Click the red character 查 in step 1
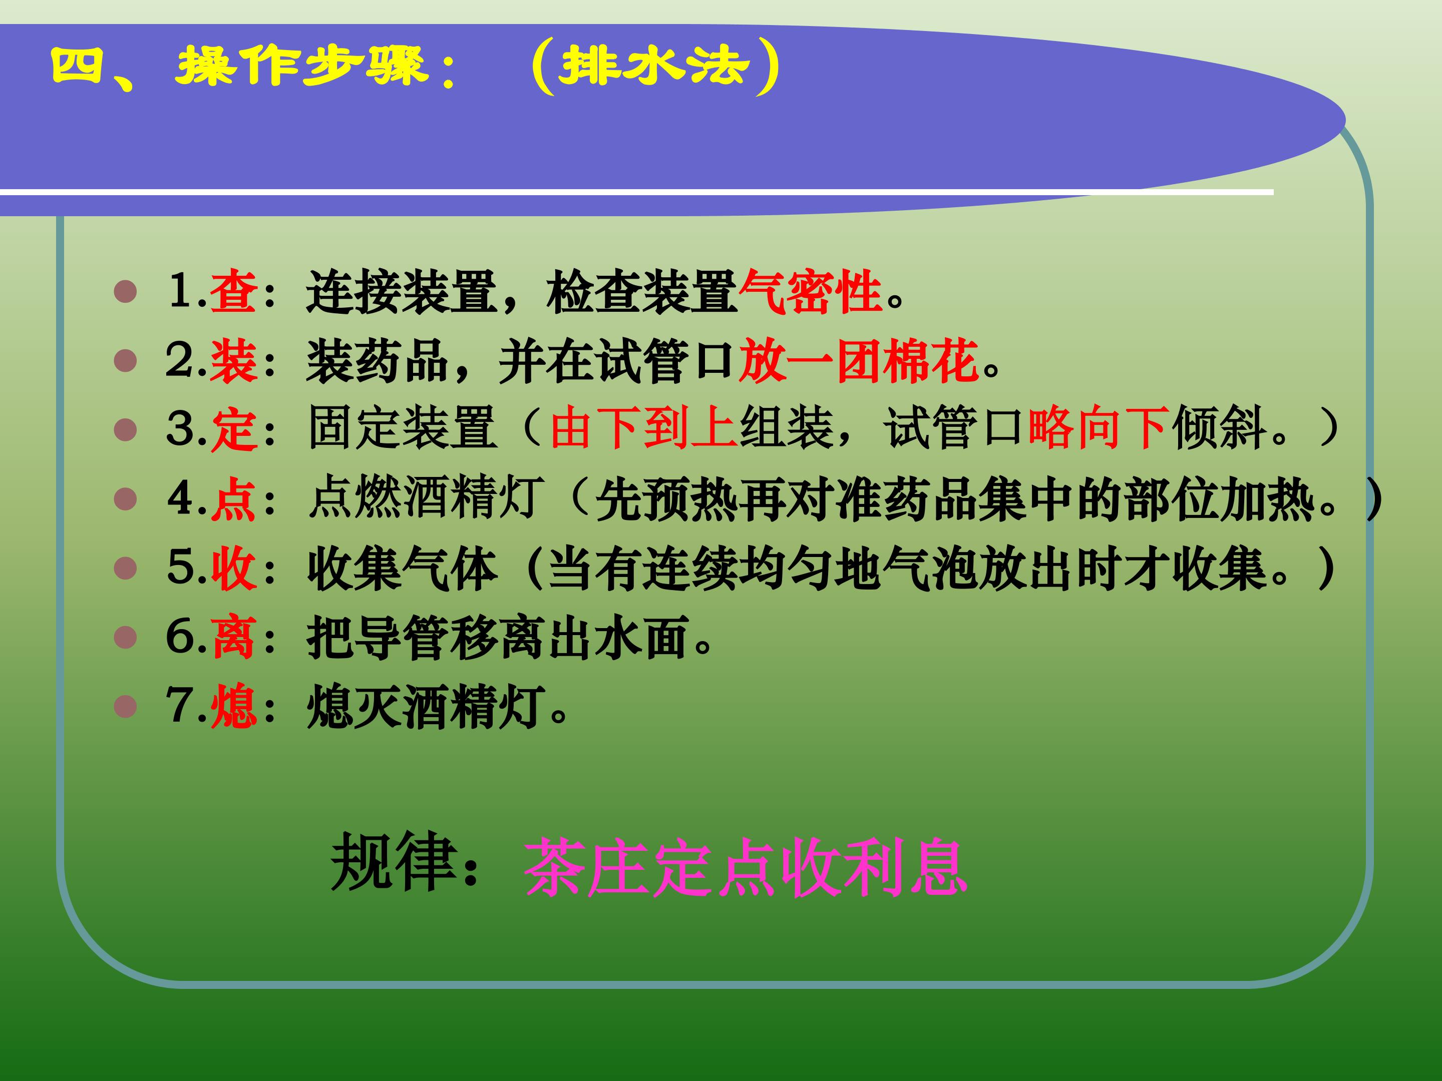point(233,291)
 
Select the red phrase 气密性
point(810,291)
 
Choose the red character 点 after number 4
point(233,499)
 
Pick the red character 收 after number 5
point(233,568)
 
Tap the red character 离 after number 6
point(233,637)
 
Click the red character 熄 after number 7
point(233,706)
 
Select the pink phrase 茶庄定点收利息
point(745,868)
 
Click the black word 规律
point(393,862)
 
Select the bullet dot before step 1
point(125,291)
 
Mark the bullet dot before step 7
point(125,706)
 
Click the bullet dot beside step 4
point(125,499)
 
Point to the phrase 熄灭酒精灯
point(426,706)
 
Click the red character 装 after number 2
point(233,360)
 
